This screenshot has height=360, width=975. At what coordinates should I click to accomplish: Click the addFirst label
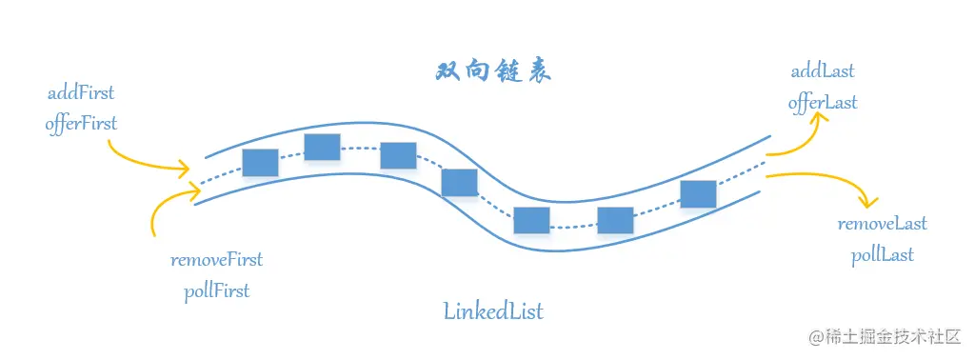[x=81, y=93]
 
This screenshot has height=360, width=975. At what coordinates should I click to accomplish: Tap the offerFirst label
[x=81, y=123]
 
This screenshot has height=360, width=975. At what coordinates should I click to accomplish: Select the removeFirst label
[x=216, y=260]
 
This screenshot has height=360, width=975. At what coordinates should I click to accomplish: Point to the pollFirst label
[x=216, y=290]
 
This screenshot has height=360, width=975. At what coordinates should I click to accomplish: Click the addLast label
[x=823, y=72]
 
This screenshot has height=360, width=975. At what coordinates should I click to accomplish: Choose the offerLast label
[x=823, y=103]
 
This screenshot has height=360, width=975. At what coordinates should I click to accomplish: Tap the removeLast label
[x=882, y=225]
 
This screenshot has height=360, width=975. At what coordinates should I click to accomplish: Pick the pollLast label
[x=883, y=254]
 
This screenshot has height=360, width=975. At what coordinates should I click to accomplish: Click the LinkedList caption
[x=493, y=310]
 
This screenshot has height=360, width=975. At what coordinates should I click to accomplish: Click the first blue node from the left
[x=260, y=163]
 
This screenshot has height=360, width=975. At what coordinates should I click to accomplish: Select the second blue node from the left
[x=322, y=148]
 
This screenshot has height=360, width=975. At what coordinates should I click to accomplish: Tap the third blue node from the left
[x=398, y=155]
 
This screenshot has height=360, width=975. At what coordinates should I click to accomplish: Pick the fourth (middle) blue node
[x=459, y=182]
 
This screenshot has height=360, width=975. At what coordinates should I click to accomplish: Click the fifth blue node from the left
[x=531, y=220]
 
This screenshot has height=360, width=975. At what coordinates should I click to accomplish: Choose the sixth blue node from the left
[x=615, y=220]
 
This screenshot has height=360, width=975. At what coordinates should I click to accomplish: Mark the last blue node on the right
[x=698, y=193]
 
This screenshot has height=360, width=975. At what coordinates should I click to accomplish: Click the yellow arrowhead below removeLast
[x=867, y=201]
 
